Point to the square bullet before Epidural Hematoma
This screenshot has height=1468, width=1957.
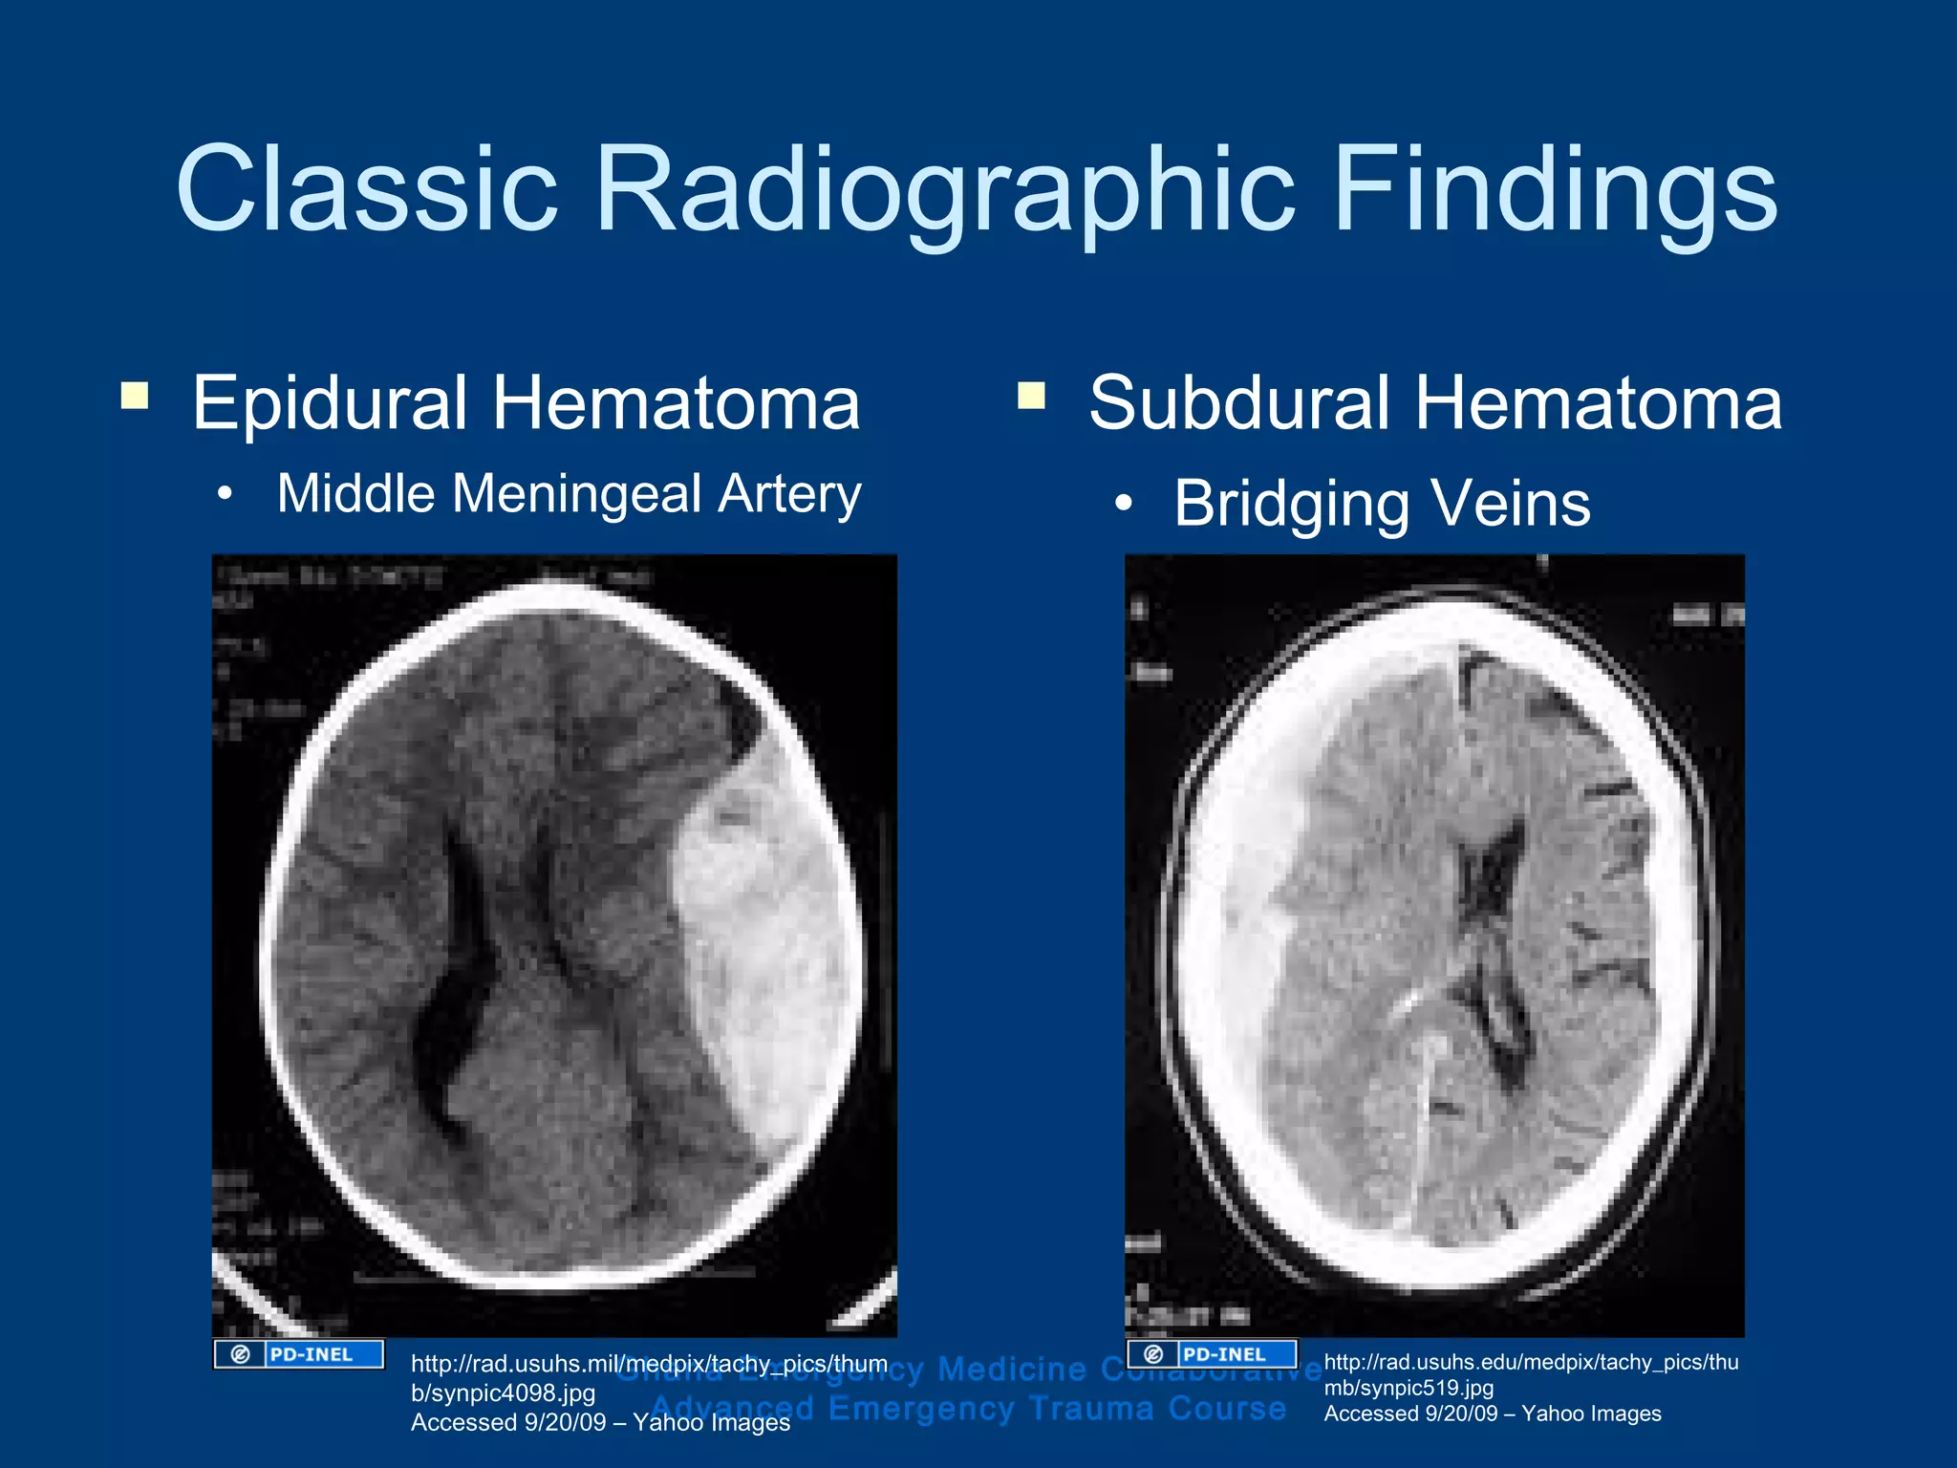(135, 396)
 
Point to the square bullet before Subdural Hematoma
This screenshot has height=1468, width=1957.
(1032, 396)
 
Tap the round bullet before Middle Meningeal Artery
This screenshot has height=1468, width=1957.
(225, 495)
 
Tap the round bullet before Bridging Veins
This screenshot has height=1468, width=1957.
(1124, 504)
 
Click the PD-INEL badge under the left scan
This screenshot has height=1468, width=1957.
(299, 1354)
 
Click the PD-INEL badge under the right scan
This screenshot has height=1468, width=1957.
(1212, 1354)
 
